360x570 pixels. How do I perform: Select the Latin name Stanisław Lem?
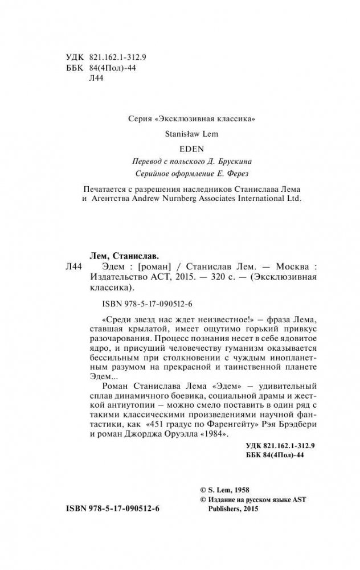click(x=179, y=134)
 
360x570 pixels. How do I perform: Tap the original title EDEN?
click(x=179, y=149)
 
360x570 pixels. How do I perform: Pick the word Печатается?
click(x=103, y=190)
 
